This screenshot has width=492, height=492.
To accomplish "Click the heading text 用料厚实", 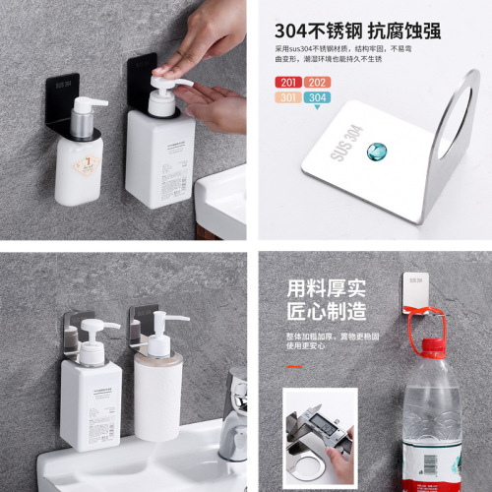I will coord(326,288).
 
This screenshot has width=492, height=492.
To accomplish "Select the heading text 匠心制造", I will coord(326,312).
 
